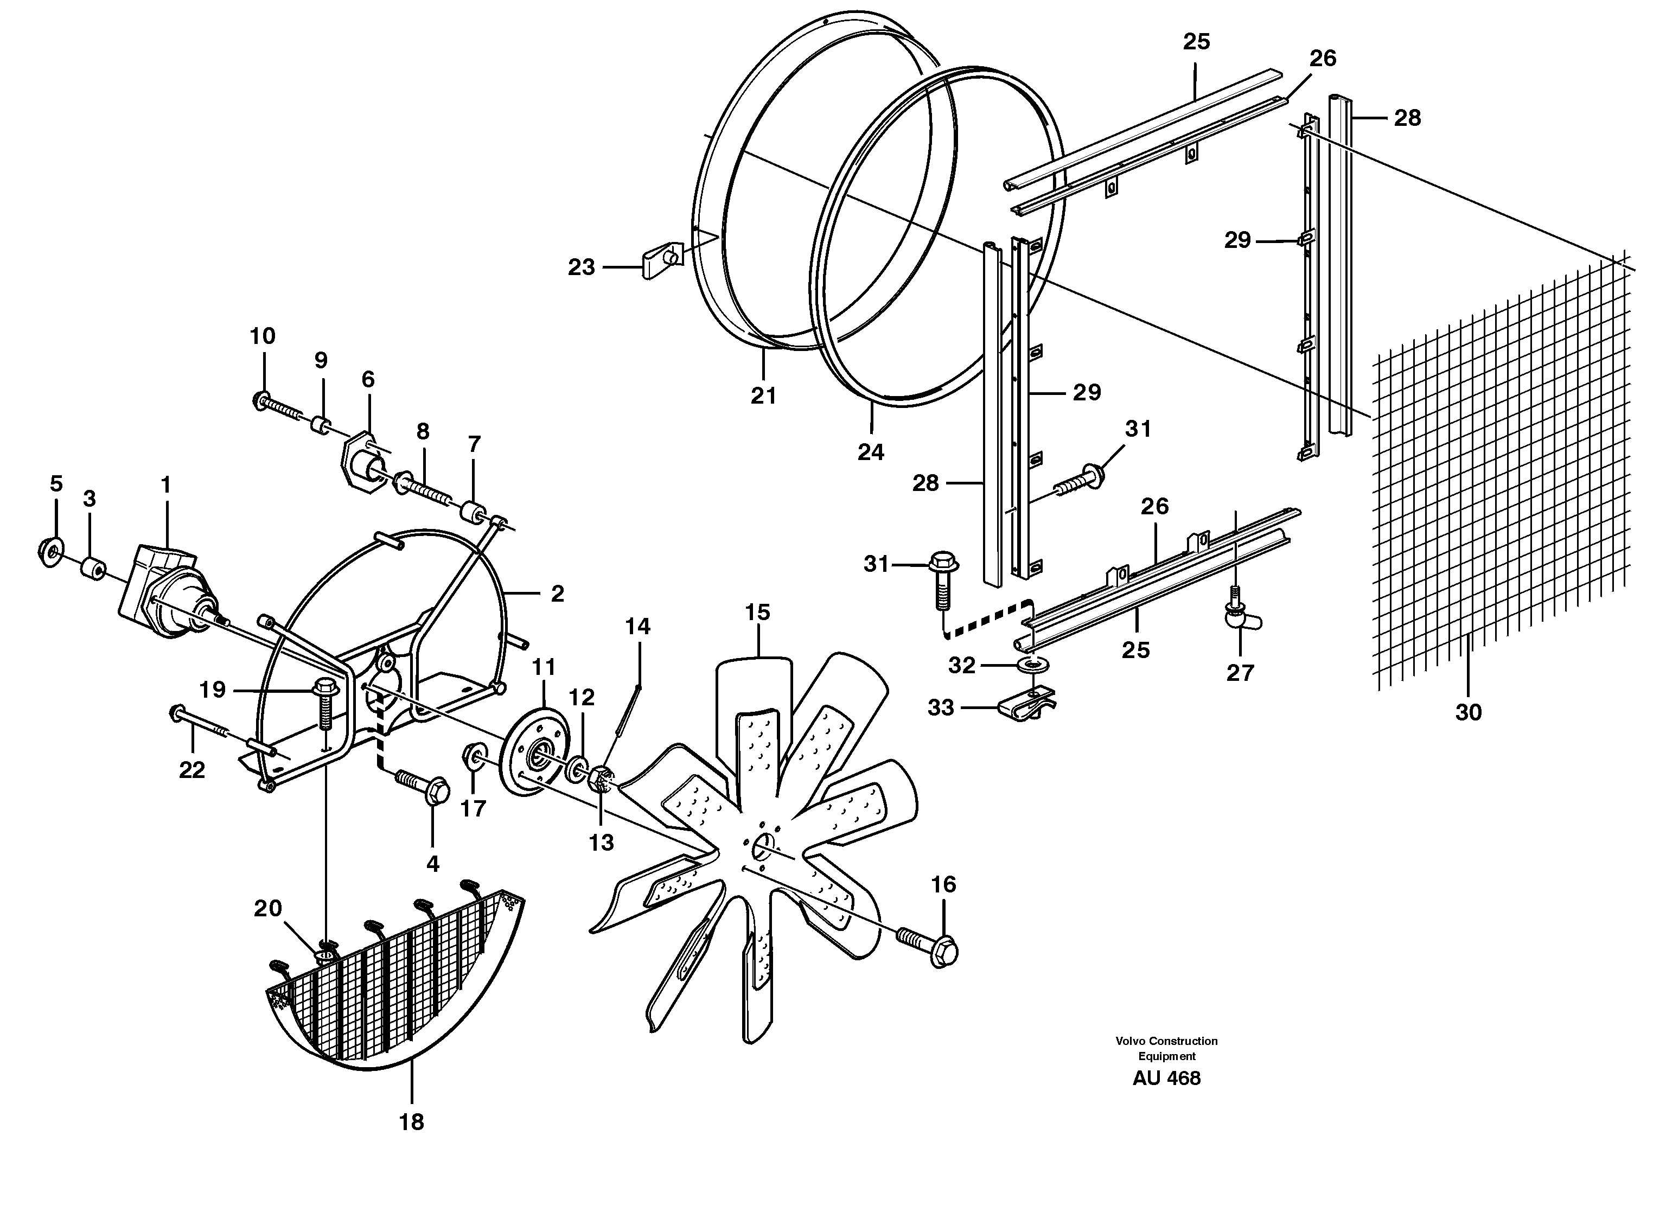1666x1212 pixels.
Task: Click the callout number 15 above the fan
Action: (757, 612)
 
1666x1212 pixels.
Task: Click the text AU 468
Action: (1166, 1079)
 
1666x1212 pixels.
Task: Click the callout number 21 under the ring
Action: (763, 396)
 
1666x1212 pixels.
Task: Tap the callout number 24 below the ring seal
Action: (871, 452)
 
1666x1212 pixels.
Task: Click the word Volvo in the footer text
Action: (1130, 1041)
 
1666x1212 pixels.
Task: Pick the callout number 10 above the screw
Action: (262, 336)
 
